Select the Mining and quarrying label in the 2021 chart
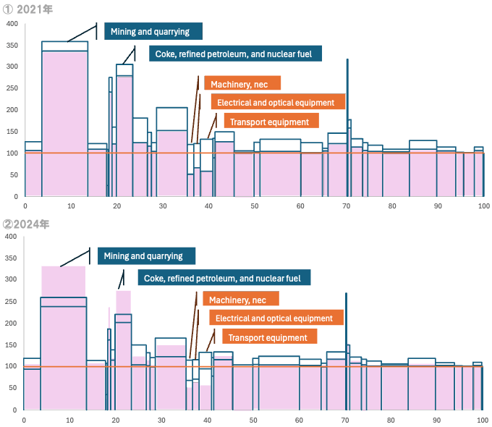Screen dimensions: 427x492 coord(153,31)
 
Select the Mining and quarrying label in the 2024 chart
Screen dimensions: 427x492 coord(143,256)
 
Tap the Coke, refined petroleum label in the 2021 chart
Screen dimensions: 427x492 coord(234,53)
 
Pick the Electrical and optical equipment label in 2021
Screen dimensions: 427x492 coord(277,103)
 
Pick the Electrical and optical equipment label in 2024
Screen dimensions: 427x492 coord(275,318)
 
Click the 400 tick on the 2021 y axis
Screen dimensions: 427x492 coord(12,24)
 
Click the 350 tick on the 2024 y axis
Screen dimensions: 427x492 coord(10,258)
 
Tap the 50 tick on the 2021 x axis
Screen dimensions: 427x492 coord(255,206)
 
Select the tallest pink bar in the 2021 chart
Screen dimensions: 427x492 coord(64,123)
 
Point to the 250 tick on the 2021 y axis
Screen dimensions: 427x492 coord(12,88)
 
